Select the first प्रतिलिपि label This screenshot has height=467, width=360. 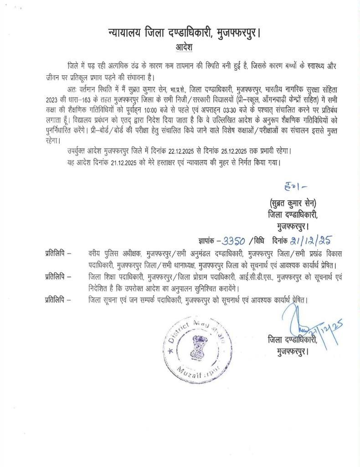coord(58,253)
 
